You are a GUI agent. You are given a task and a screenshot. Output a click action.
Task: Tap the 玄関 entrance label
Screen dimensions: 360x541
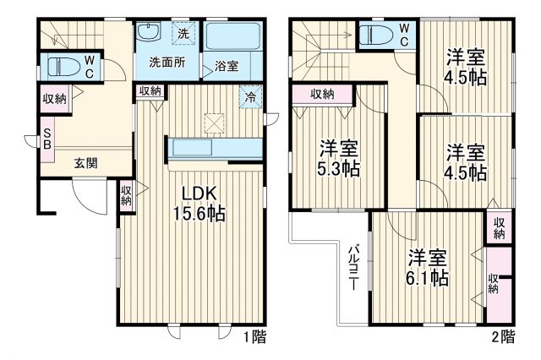83,162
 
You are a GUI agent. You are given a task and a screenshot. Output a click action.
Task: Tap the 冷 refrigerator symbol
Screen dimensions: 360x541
251,95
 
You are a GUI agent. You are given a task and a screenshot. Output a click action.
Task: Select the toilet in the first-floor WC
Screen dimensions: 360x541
66,66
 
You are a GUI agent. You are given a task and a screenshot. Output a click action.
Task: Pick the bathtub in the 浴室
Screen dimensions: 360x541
235,38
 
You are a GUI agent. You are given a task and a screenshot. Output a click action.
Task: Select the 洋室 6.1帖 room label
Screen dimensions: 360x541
427,266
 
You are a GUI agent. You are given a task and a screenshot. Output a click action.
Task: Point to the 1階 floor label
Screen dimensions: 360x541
254,337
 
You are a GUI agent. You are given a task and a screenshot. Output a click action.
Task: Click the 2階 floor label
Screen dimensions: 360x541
502,337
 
